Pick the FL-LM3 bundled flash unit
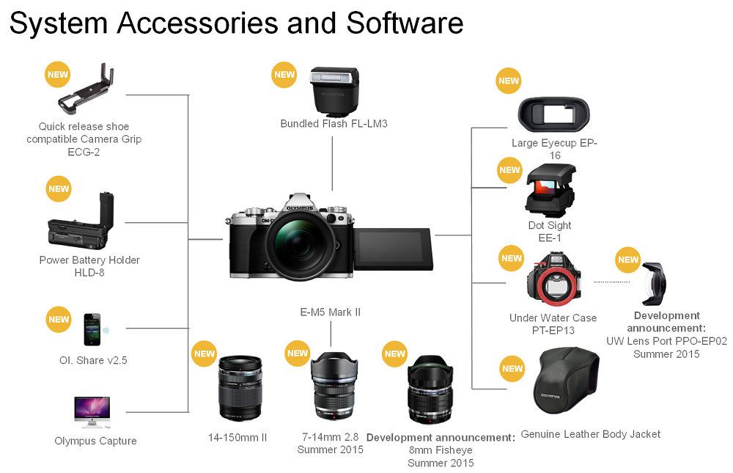tap(334, 91)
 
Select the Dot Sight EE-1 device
tap(550, 191)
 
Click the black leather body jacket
tap(569, 389)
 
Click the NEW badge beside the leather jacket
tap(512, 368)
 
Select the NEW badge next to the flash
tap(284, 74)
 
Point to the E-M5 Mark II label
tap(331, 312)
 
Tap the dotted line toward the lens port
tap(611, 282)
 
